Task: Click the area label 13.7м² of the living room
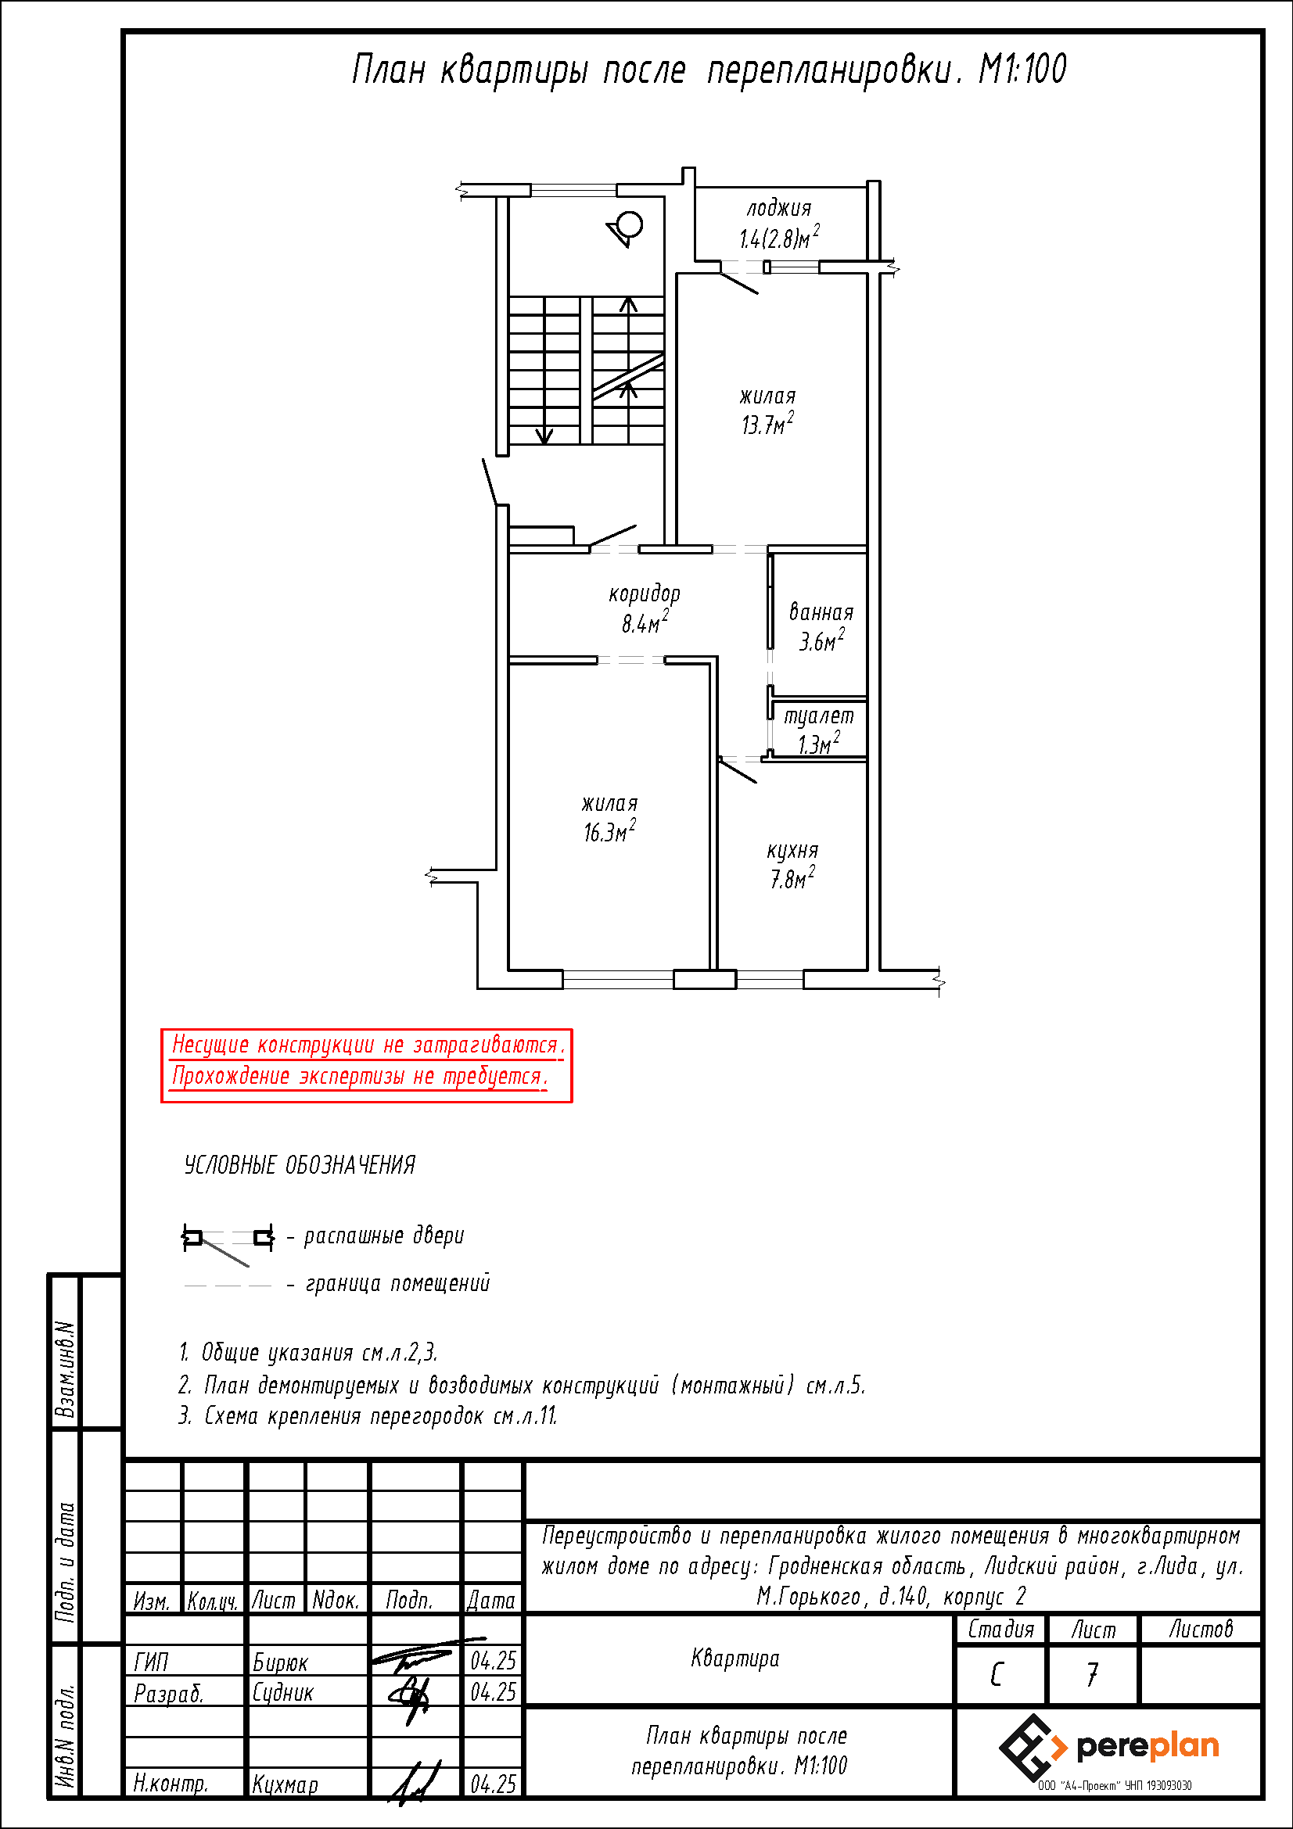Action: coord(767,424)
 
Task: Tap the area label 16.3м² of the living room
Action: coord(609,831)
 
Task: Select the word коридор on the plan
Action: coord(645,594)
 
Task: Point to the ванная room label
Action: coord(821,611)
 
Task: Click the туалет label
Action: coord(819,716)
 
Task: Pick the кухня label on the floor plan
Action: coord(792,851)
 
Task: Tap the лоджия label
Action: coord(779,209)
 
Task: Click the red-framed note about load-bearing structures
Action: coord(367,1065)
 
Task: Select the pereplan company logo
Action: coord(1109,1747)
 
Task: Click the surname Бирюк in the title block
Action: coord(279,1662)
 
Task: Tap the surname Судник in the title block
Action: coord(283,1692)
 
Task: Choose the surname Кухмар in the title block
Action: coord(286,1784)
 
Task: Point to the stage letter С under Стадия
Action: coord(997,1674)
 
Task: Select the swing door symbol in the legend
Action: coord(228,1243)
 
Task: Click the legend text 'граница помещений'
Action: coord(397,1283)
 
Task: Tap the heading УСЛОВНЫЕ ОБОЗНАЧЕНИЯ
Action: coord(300,1164)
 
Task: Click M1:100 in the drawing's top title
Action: coord(1022,70)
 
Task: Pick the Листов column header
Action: coord(1201,1629)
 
